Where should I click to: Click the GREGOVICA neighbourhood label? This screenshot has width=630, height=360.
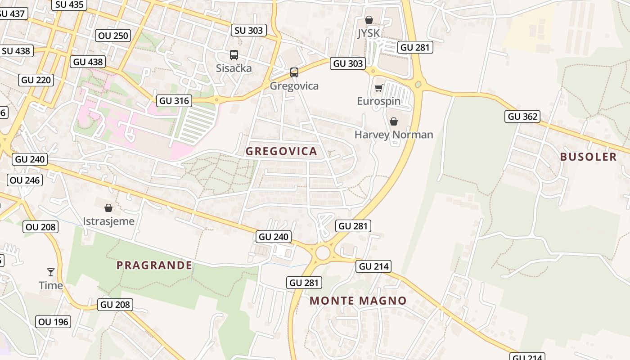(281, 151)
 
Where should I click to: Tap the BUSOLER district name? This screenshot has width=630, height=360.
(588, 157)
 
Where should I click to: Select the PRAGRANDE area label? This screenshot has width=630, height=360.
(154, 265)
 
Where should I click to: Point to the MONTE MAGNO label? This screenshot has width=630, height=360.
(358, 301)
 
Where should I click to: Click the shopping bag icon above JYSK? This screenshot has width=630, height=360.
(369, 20)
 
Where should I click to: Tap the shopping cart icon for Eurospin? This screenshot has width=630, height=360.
(378, 88)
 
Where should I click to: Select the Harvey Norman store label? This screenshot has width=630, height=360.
(394, 135)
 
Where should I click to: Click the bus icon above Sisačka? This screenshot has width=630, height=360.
(234, 55)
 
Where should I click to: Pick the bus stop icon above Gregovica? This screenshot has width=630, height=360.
(294, 72)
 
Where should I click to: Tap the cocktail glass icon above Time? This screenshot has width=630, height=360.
(51, 272)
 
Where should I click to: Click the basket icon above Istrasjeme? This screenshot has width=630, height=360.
(108, 207)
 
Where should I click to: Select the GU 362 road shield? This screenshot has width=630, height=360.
(522, 117)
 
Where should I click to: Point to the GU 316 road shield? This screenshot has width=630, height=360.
(174, 100)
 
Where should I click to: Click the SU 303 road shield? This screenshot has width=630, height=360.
(249, 30)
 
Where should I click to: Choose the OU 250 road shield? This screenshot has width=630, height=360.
(113, 36)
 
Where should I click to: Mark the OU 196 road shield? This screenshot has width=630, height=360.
(53, 322)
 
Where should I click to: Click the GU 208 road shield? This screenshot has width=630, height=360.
(115, 305)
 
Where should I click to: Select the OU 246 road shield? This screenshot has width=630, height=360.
(25, 180)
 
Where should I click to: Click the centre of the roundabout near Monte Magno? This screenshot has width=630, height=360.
(323, 253)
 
